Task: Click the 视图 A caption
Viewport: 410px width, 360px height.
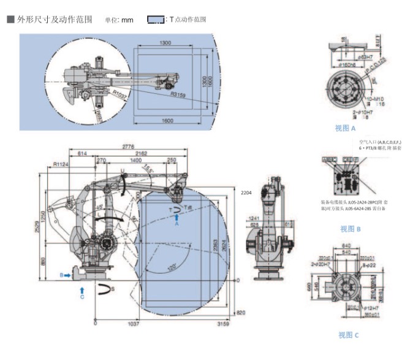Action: (x=345, y=128)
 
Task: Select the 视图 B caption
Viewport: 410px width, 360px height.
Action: (x=351, y=229)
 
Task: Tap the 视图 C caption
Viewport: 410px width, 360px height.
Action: (x=349, y=335)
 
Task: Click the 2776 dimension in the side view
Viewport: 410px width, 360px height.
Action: (x=128, y=147)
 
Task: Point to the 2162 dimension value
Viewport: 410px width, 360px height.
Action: (x=141, y=153)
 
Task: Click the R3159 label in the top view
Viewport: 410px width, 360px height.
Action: (x=178, y=95)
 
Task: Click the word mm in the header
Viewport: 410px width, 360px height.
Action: (x=127, y=20)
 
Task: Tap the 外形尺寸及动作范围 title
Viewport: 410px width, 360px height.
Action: (x=55, y=19)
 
